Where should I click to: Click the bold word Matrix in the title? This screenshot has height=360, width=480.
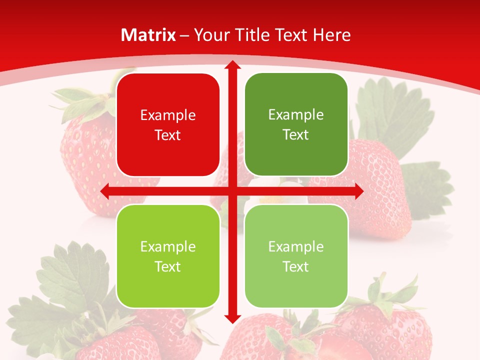[148, 35]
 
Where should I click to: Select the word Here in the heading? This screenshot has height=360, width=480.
[331, 35]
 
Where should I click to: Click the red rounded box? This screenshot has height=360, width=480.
[168, 125]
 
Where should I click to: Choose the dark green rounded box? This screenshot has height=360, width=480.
[296, 124]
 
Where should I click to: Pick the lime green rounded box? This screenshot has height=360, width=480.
[168, 256]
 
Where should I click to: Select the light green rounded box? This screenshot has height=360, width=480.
[296, 256]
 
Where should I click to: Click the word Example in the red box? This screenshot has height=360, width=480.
[168, 115]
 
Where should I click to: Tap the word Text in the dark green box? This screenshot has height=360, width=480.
[296, 134]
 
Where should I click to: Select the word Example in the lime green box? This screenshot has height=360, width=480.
[168, 246]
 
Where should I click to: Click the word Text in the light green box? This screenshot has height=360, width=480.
[296, 266]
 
